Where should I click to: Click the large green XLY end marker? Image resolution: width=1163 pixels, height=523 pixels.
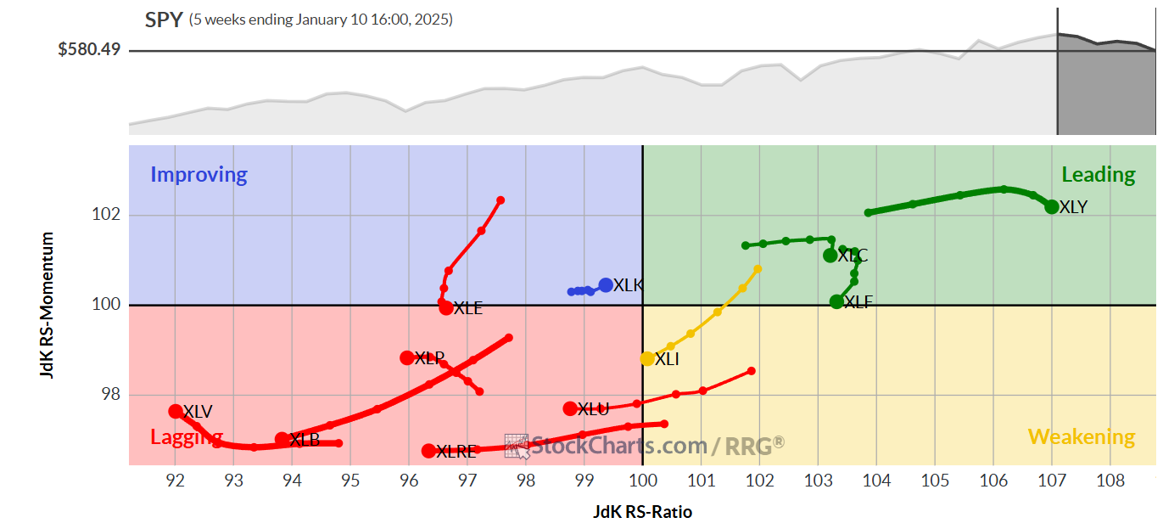pos(1052,206)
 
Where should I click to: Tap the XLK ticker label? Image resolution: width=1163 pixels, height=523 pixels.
pos(628,285)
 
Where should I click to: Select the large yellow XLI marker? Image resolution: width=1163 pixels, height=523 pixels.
pos(647,358)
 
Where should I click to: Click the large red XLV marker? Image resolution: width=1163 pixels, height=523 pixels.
pos(176,411)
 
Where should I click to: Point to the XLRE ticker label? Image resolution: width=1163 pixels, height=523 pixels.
pos(456,452)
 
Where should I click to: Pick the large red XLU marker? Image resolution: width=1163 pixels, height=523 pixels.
pos(570,408)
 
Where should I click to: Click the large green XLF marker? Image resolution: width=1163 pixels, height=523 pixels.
pos(836,301)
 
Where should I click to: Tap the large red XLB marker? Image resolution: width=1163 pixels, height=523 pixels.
pos(282,439)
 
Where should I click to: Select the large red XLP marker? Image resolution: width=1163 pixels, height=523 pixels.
pos(407,357)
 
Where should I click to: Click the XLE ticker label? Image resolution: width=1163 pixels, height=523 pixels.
pos(467,308)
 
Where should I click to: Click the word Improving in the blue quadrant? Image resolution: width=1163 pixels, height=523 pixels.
pos(198,175)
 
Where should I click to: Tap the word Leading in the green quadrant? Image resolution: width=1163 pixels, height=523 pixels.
pos(1098,175)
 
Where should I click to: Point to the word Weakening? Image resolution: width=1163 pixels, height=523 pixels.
pos(1082,437)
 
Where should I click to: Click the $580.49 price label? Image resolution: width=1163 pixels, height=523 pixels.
pos(89,50)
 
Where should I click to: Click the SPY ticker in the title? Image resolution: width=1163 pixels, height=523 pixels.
pos(164,20)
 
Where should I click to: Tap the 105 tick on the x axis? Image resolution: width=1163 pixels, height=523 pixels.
pos(935,481)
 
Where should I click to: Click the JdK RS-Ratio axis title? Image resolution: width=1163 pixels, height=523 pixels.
pos(642,511)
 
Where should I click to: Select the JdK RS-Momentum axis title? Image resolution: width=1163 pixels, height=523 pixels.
pos(48,305)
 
